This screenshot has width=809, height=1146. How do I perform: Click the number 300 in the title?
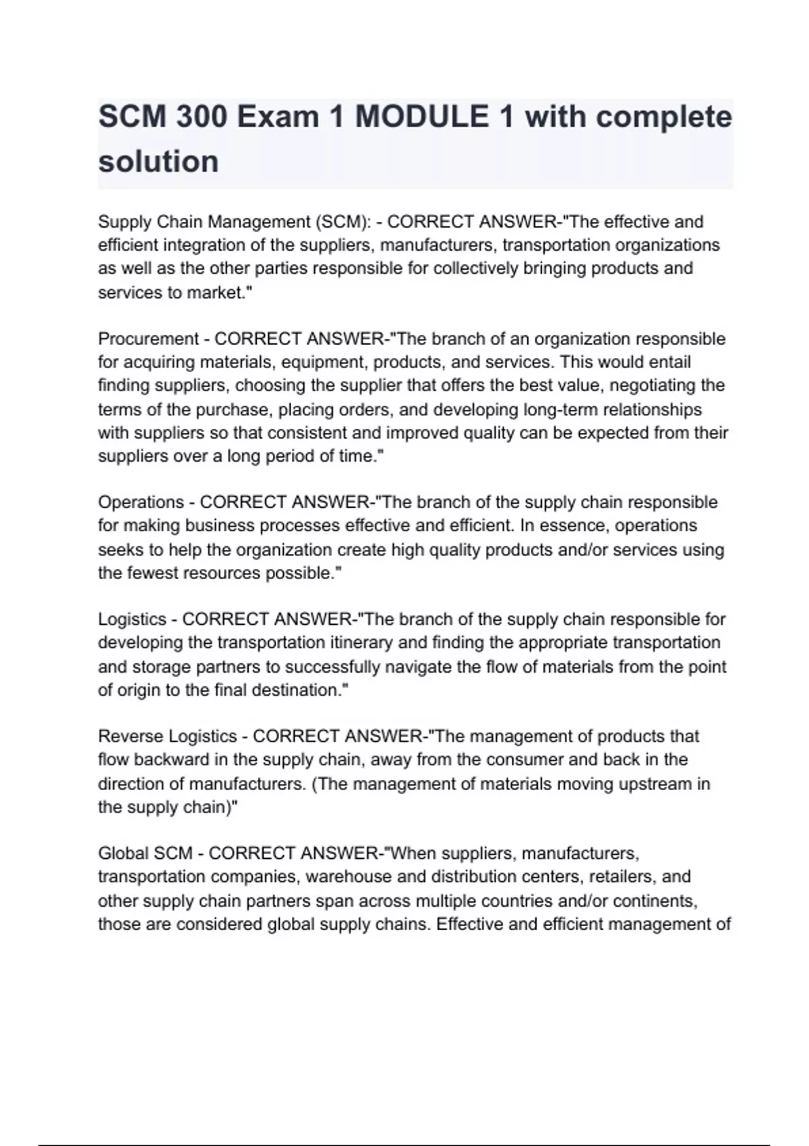[200, 117]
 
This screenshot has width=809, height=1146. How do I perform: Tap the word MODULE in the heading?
[421, 117]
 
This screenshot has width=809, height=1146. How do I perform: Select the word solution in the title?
[158, 162]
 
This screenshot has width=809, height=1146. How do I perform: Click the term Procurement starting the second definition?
[148, 338]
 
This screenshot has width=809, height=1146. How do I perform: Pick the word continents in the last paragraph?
[655, 901]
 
